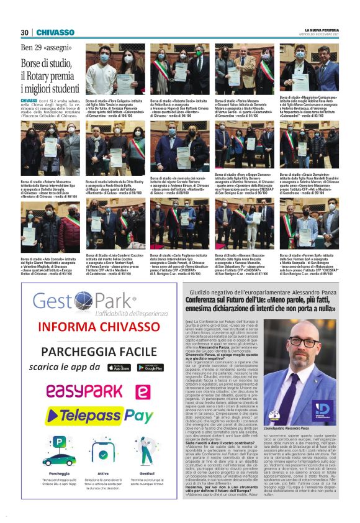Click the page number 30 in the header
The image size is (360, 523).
coord(24,32)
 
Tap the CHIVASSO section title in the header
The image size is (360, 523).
coord(55,32)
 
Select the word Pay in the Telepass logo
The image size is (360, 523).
coord(143,416)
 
